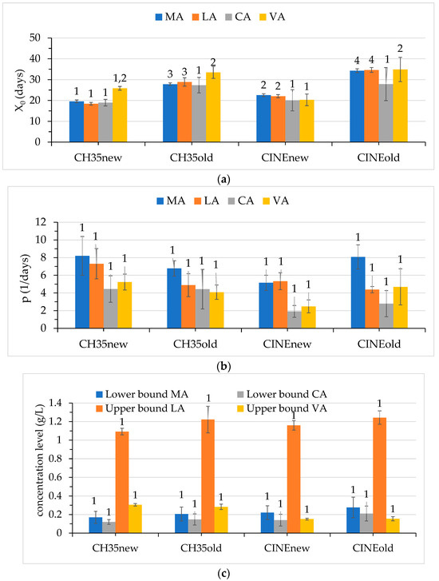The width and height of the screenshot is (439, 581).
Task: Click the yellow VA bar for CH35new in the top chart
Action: point(120,115)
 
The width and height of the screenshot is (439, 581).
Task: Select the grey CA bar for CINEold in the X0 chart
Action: point(386,113)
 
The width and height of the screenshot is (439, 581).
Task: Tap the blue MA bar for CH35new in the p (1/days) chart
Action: point(82,292)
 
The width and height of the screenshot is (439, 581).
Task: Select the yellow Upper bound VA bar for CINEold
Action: point(393,526)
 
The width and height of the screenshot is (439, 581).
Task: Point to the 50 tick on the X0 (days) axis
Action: point(44,38)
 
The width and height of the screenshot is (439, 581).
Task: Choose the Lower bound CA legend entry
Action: point(282,394)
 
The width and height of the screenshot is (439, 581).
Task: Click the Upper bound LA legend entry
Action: point(140,408)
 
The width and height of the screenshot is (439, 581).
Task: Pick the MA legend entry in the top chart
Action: point(169,17)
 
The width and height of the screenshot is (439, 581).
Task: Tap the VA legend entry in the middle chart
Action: point(275,201)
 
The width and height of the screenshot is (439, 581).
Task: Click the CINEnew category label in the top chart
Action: point(285,158)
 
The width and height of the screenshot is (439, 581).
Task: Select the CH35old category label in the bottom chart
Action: point(201,548)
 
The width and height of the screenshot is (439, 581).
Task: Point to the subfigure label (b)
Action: point(223,367)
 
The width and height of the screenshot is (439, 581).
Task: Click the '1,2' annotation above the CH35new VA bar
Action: point(120,78)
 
